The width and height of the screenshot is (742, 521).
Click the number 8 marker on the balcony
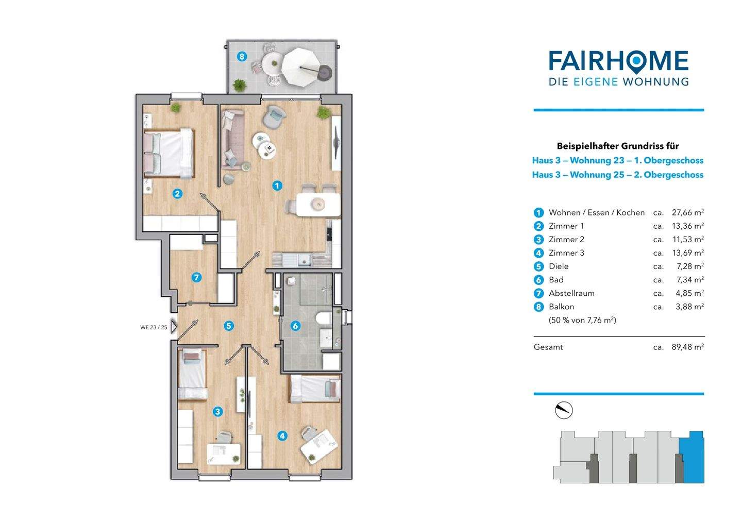[x=242, y=56]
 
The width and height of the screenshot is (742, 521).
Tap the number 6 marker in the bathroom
[x=295, y=326]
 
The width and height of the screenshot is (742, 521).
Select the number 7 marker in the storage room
[x=196, y=277]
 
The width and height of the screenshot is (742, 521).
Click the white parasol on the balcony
[x=301, y=68]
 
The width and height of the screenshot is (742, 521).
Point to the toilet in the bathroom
[x=324, y=318]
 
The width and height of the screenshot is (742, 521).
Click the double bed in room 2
[x=169, y=154]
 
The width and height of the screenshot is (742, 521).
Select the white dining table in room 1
[x=318, y=205]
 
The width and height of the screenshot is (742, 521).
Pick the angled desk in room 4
[x=319, y=447]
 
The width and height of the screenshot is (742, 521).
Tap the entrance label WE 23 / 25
[x=154, y=327]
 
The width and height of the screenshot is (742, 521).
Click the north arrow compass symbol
[x=564, y=410]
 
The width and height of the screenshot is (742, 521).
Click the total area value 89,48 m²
[x=688, y=347]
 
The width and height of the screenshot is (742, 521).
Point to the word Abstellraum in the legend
[x=571, y=293]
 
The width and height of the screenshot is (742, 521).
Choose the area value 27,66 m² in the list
[x=688, y=212]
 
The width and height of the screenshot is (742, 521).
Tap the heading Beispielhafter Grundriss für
[x=618, y=146]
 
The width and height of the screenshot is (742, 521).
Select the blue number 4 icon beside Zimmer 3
[x=538, y=253]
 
